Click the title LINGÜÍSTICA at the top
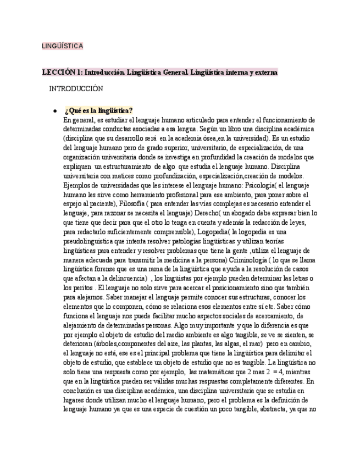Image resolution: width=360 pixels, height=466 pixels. coord(62,46)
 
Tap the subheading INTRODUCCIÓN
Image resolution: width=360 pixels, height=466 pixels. coord(76,88)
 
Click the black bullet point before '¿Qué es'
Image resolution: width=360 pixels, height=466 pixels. coord(55,110)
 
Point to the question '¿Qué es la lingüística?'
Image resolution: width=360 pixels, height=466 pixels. coord(99,110)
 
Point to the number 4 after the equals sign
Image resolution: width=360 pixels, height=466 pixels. coord(281,372)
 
